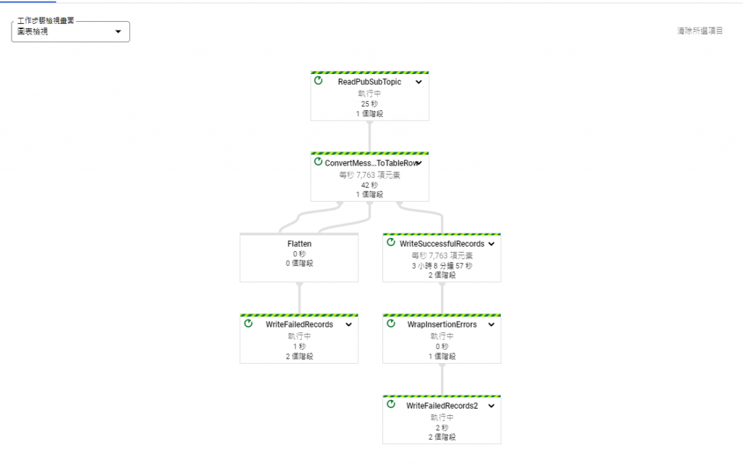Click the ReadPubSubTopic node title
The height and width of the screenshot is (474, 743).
point(369,82)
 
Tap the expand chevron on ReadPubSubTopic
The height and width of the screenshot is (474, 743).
point(419,82)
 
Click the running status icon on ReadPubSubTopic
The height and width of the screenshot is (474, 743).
point(319,81)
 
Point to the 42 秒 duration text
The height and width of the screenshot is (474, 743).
point(369,185)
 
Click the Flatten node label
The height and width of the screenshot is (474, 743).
point(299,244)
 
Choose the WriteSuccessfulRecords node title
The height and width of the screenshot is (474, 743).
point(441,244)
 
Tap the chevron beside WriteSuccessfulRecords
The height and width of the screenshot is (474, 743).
point(491,244)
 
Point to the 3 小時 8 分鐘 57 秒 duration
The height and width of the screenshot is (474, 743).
point(442,266)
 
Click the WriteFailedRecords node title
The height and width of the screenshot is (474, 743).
point(299,324)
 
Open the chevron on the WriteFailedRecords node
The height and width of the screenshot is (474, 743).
point(348,324)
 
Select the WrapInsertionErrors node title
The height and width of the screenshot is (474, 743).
point(442,324)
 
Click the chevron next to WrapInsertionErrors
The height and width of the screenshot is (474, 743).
point(491,324)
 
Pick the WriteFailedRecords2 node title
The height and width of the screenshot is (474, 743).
point(442,406)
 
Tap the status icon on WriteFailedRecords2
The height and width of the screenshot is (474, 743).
point(391,404)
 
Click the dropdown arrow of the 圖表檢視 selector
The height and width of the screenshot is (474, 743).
point(118,32)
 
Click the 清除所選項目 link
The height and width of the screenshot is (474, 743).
point(699,31)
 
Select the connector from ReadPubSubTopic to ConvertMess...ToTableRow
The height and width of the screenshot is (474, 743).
point(369,136)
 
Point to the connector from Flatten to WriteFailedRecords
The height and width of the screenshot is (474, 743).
point(299,298)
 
